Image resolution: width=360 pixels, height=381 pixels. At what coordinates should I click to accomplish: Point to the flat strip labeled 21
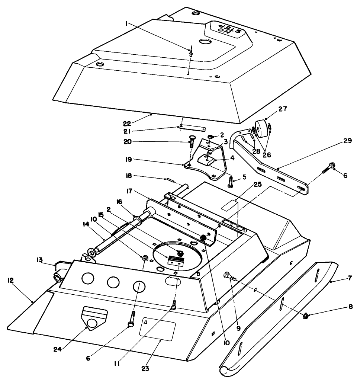192,128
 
